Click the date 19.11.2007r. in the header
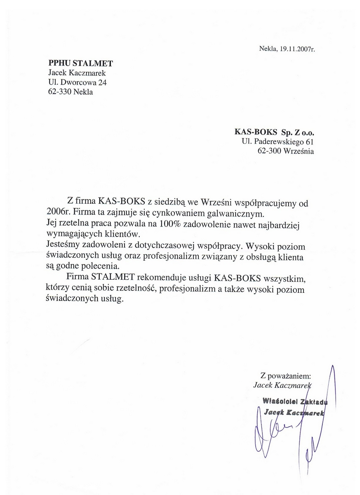pos(297,49)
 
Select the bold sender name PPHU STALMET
pos(80,63)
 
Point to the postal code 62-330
pos(59,92)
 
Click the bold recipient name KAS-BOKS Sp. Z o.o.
pos(274,133)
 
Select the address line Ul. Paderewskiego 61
pos(278,142)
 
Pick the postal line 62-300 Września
pos(285,151)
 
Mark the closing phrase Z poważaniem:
pos(285,376)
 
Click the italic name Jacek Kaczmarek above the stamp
pos(283,385)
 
